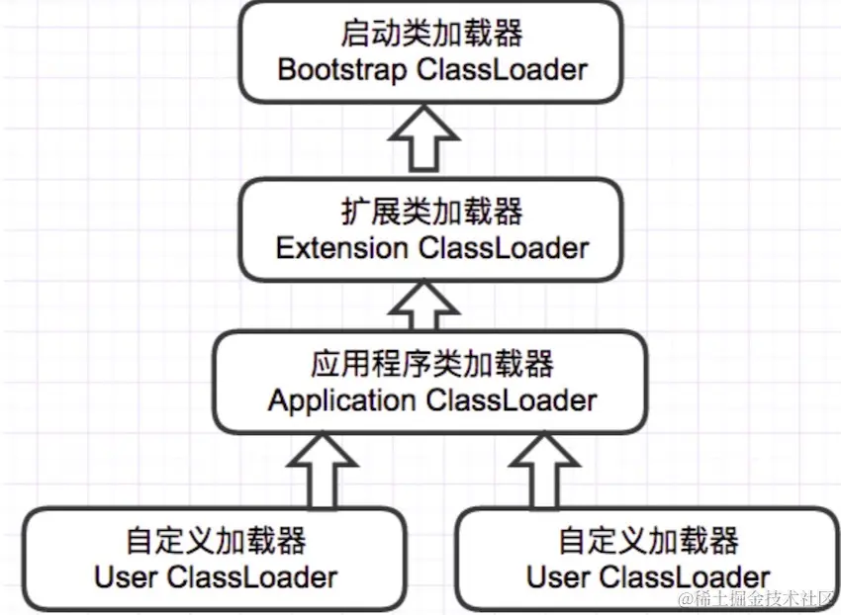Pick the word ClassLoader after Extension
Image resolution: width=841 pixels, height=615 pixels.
coord(504,247)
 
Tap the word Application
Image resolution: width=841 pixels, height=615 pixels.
coord(341,400)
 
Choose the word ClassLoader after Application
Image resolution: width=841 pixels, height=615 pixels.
coord(512,400)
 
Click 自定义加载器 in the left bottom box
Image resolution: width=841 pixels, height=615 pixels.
coord(216,540)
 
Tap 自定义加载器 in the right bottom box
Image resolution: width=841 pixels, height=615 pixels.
coord(648,540)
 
